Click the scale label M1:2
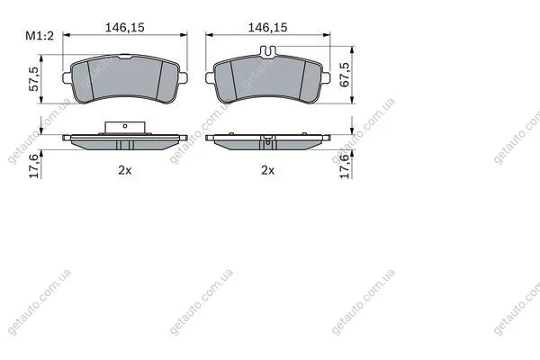click(x=40, y=35)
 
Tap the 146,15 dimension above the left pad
click(x=125, y=27)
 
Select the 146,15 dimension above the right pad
click(x=268, y=27)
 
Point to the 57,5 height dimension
click(x=34, y=79)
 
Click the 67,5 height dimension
click(x=345, y=75)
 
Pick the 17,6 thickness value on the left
click(x=34, y=166)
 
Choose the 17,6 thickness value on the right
click(x=345, y=166)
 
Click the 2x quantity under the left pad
click(x=125, y=170)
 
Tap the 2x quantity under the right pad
click(x=267, y=170)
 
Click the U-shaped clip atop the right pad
click(x=268, y=51)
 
